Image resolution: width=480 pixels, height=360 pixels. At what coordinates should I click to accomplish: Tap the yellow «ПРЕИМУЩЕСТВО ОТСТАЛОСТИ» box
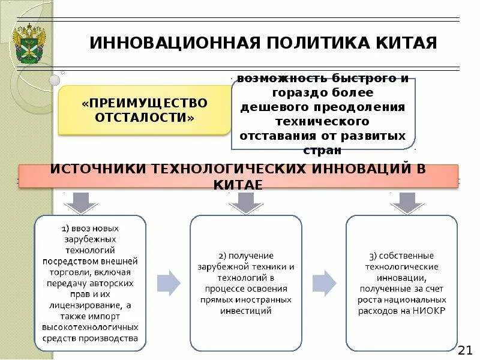(144, 110)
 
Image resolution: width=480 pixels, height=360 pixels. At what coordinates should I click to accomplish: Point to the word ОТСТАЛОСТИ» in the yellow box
(145, 118)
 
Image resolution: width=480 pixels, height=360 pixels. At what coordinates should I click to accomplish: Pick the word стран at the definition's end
(323, 149)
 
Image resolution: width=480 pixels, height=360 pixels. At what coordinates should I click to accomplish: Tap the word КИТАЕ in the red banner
(238, 184)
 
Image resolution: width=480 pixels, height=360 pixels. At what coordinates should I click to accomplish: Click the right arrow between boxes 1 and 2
(169, 283)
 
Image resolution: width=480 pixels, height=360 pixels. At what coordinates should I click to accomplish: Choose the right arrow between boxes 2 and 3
(324, 283)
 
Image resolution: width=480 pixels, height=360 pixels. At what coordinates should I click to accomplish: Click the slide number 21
(465, 350)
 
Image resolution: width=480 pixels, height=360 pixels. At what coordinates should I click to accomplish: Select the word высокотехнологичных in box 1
(90, 327)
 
